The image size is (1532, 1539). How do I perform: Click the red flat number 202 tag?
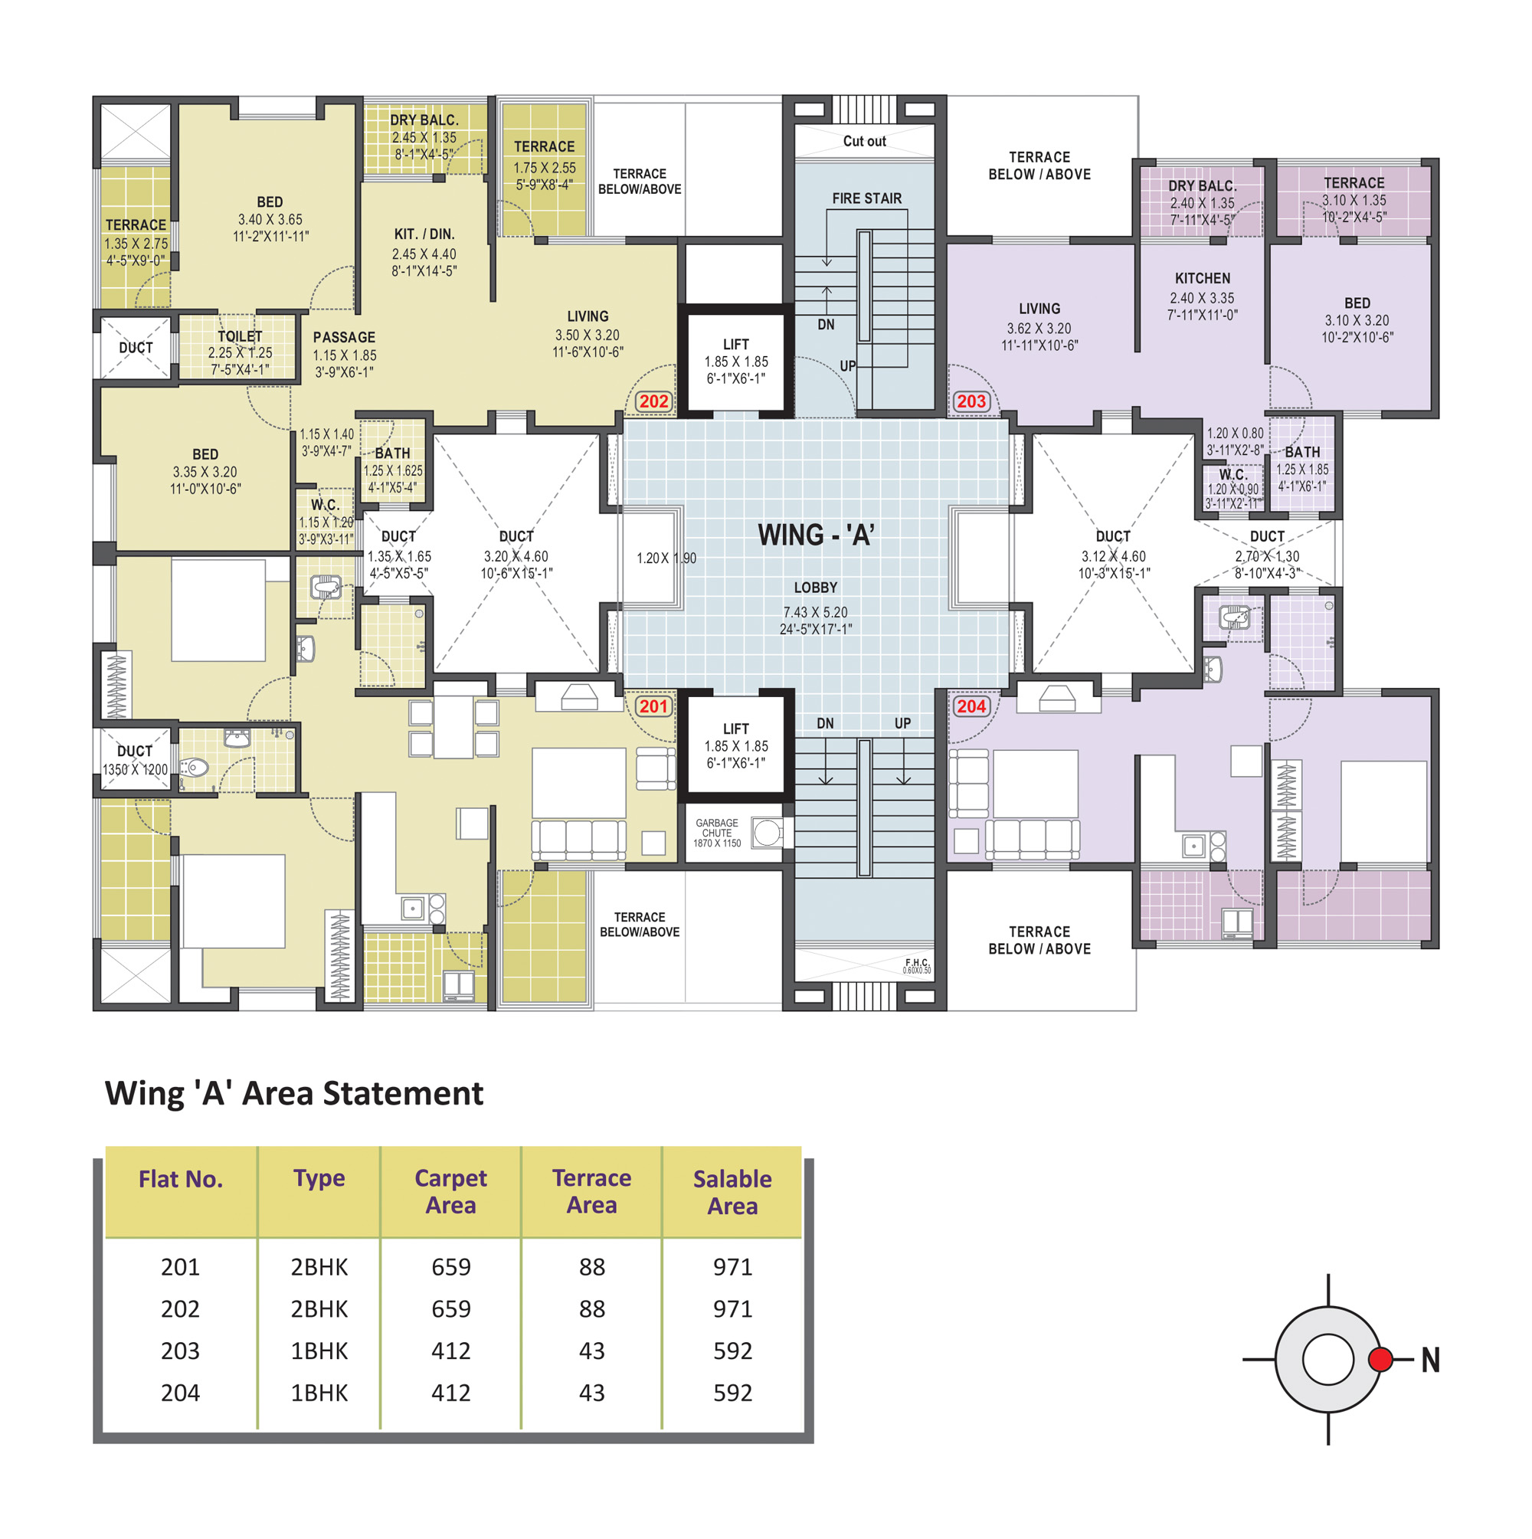coord(653,401)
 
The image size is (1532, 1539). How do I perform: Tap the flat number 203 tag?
coord(971,401)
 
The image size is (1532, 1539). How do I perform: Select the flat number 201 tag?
coord(653,706)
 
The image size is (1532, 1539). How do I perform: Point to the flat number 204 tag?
coord(971,706)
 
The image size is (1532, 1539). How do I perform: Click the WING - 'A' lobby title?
coord(816,535)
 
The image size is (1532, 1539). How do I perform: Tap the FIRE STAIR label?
coord(867,198)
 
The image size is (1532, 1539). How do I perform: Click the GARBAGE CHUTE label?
coord(717,827)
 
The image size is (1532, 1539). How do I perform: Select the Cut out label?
coord(864,141)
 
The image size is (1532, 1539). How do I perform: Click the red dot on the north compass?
coord(1380,1359)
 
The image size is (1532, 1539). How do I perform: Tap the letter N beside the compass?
coord(1431,1360)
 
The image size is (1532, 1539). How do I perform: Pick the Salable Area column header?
coord(732,1192)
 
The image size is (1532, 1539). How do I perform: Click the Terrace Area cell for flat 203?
coord(592,1351)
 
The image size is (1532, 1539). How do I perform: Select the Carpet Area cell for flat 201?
coord(451,1266)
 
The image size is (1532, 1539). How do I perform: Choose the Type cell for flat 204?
coord(319,1393)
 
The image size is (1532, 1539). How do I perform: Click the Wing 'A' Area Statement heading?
coord(294,1093)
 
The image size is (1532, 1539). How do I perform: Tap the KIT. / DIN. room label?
coord(424,234)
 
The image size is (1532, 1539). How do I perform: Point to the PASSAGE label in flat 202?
coord(344,338)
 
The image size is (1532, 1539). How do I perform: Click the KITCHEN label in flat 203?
coord(1202,279)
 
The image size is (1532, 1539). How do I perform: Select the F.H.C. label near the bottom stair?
coord(917,963)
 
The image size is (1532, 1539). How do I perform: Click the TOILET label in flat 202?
coord(240,337)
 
